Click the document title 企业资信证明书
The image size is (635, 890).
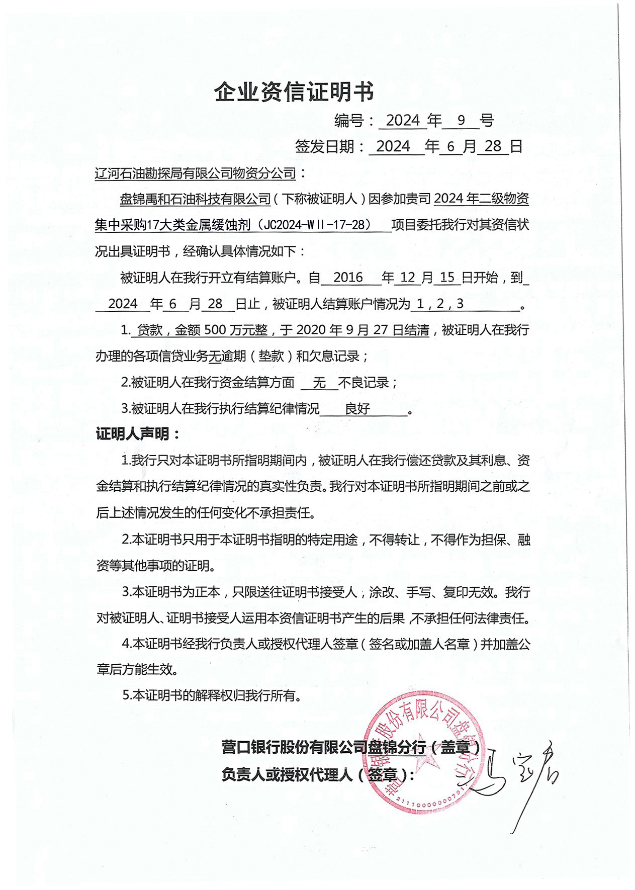click(294, 93)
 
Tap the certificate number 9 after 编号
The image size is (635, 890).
click(461, 120)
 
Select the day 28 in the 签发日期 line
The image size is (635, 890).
click(493, 146)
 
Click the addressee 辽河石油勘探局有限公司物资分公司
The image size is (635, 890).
click(196, 173)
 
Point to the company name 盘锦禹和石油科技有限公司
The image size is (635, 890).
click(196, 199)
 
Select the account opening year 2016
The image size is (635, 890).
click(348, 277)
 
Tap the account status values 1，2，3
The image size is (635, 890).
click(439, 304)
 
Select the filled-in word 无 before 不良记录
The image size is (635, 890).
click(319, 383)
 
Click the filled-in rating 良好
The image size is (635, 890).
click(357, 409)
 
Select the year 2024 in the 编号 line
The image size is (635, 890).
click(403, 120)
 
